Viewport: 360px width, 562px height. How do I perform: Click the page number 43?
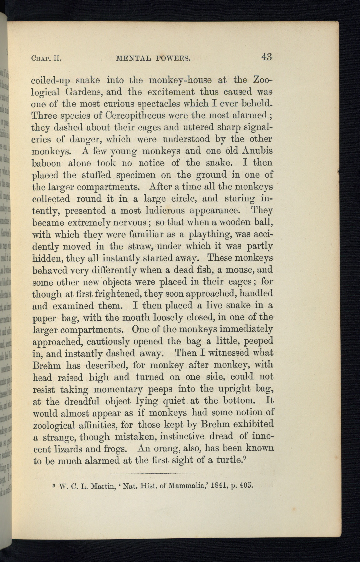[267, 57]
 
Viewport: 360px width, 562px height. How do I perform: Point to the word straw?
[140, 246]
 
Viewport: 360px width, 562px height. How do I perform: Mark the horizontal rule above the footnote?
[153, 473]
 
